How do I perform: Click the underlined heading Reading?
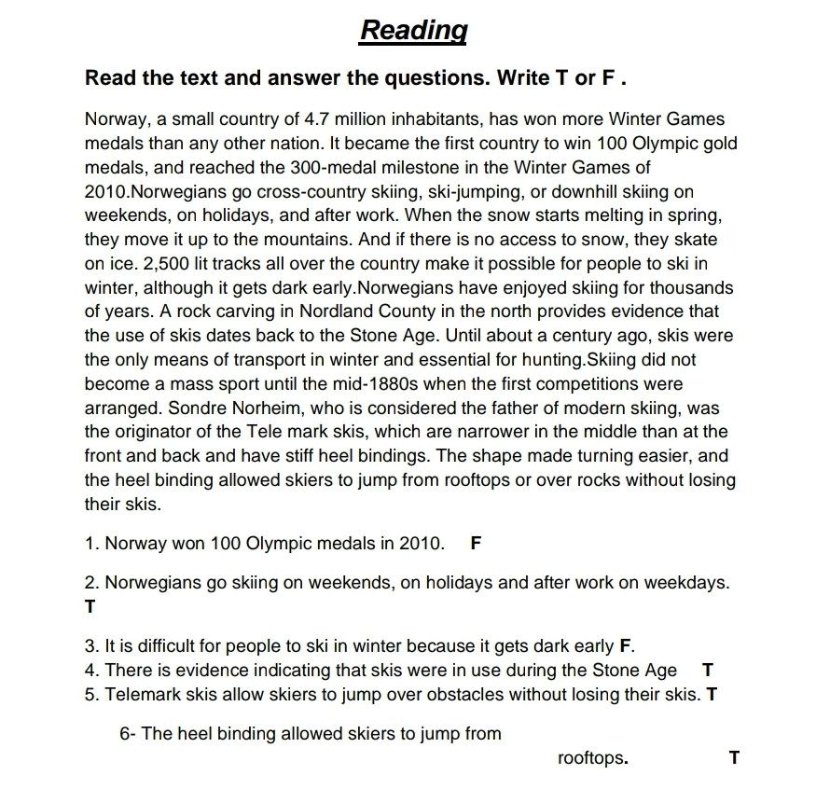click(413, 30)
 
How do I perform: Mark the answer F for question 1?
click(476, 542)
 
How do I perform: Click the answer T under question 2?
click(90, 606)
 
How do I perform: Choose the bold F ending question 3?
click(625, 645)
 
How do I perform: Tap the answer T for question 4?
click(707, 670)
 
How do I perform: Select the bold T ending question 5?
click(712, 694)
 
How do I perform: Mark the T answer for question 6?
click(734, 757)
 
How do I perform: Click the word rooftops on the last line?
click(590, 758)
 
